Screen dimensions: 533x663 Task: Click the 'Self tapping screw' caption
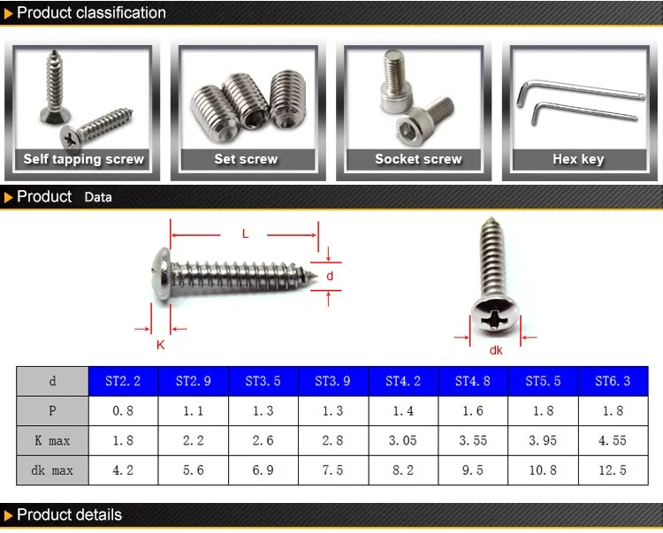click(x=83, y=160)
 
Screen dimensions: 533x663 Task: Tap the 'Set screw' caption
click(x=246, y=160)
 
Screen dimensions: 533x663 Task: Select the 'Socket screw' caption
click(x=418, y=160)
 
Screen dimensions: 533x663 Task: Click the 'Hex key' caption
click(x=578, y=160)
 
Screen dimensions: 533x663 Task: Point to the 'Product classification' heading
click(x=91, y=13)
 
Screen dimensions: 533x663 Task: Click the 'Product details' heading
click(x=69, y=515)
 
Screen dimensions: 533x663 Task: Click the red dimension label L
click(x=245, y=233)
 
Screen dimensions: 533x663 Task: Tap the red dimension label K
click(x=160, y=345)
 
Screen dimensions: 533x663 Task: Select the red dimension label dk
click(x=495, y=350)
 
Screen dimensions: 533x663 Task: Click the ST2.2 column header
click(x=123, y=381)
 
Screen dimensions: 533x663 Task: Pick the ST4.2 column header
click(x=402, y=381)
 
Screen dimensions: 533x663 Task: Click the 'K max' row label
click(x=52, y=440)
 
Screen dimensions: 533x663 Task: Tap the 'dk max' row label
click(x=52, y=470)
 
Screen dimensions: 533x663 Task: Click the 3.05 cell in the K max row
click(x=402, y=440)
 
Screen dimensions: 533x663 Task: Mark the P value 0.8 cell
click(x=123, y=411)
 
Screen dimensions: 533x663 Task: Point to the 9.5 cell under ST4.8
click(x=473, y=470)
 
